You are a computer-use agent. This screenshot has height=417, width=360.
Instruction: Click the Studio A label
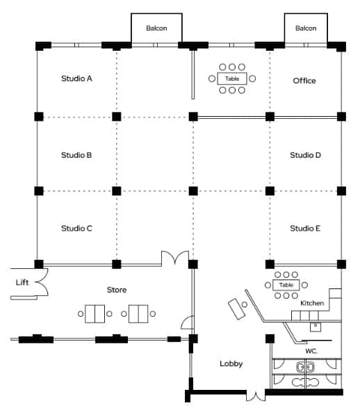coord(76,79)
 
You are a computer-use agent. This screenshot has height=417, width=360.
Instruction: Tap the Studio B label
coord(76,155)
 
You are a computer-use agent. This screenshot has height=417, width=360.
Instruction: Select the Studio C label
coord(76,228)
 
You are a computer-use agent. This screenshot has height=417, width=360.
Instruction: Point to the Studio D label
coord(305,155)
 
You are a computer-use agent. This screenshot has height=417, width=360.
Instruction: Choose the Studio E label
coord(305,228)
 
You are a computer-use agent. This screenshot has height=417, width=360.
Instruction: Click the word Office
coord(304,81)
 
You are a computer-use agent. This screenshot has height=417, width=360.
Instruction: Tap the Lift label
coord(22,282)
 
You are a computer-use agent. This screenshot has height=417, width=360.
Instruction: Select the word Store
coord(117,290)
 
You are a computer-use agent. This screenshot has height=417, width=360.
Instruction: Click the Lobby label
coord(231,363)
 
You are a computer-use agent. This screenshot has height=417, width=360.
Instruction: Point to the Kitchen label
coord(312,303)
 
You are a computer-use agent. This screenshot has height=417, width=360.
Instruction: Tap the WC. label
coord(311,351)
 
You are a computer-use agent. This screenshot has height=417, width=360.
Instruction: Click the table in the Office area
coord(232,79)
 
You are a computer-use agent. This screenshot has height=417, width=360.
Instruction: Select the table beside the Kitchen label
coord(286,285)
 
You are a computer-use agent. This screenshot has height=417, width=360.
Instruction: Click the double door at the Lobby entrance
coord(256,396)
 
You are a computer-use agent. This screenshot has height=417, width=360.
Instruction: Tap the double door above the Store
coord(175,257)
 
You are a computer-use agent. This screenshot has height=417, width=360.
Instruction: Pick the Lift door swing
coord(42,282)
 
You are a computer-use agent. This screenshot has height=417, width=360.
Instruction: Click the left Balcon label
coord(156,28)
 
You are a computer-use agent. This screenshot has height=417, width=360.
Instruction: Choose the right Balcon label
coord(306,28)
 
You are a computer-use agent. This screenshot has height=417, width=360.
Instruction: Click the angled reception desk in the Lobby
coord(236,309)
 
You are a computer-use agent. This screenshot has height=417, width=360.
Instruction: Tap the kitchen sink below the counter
coord(316,327)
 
